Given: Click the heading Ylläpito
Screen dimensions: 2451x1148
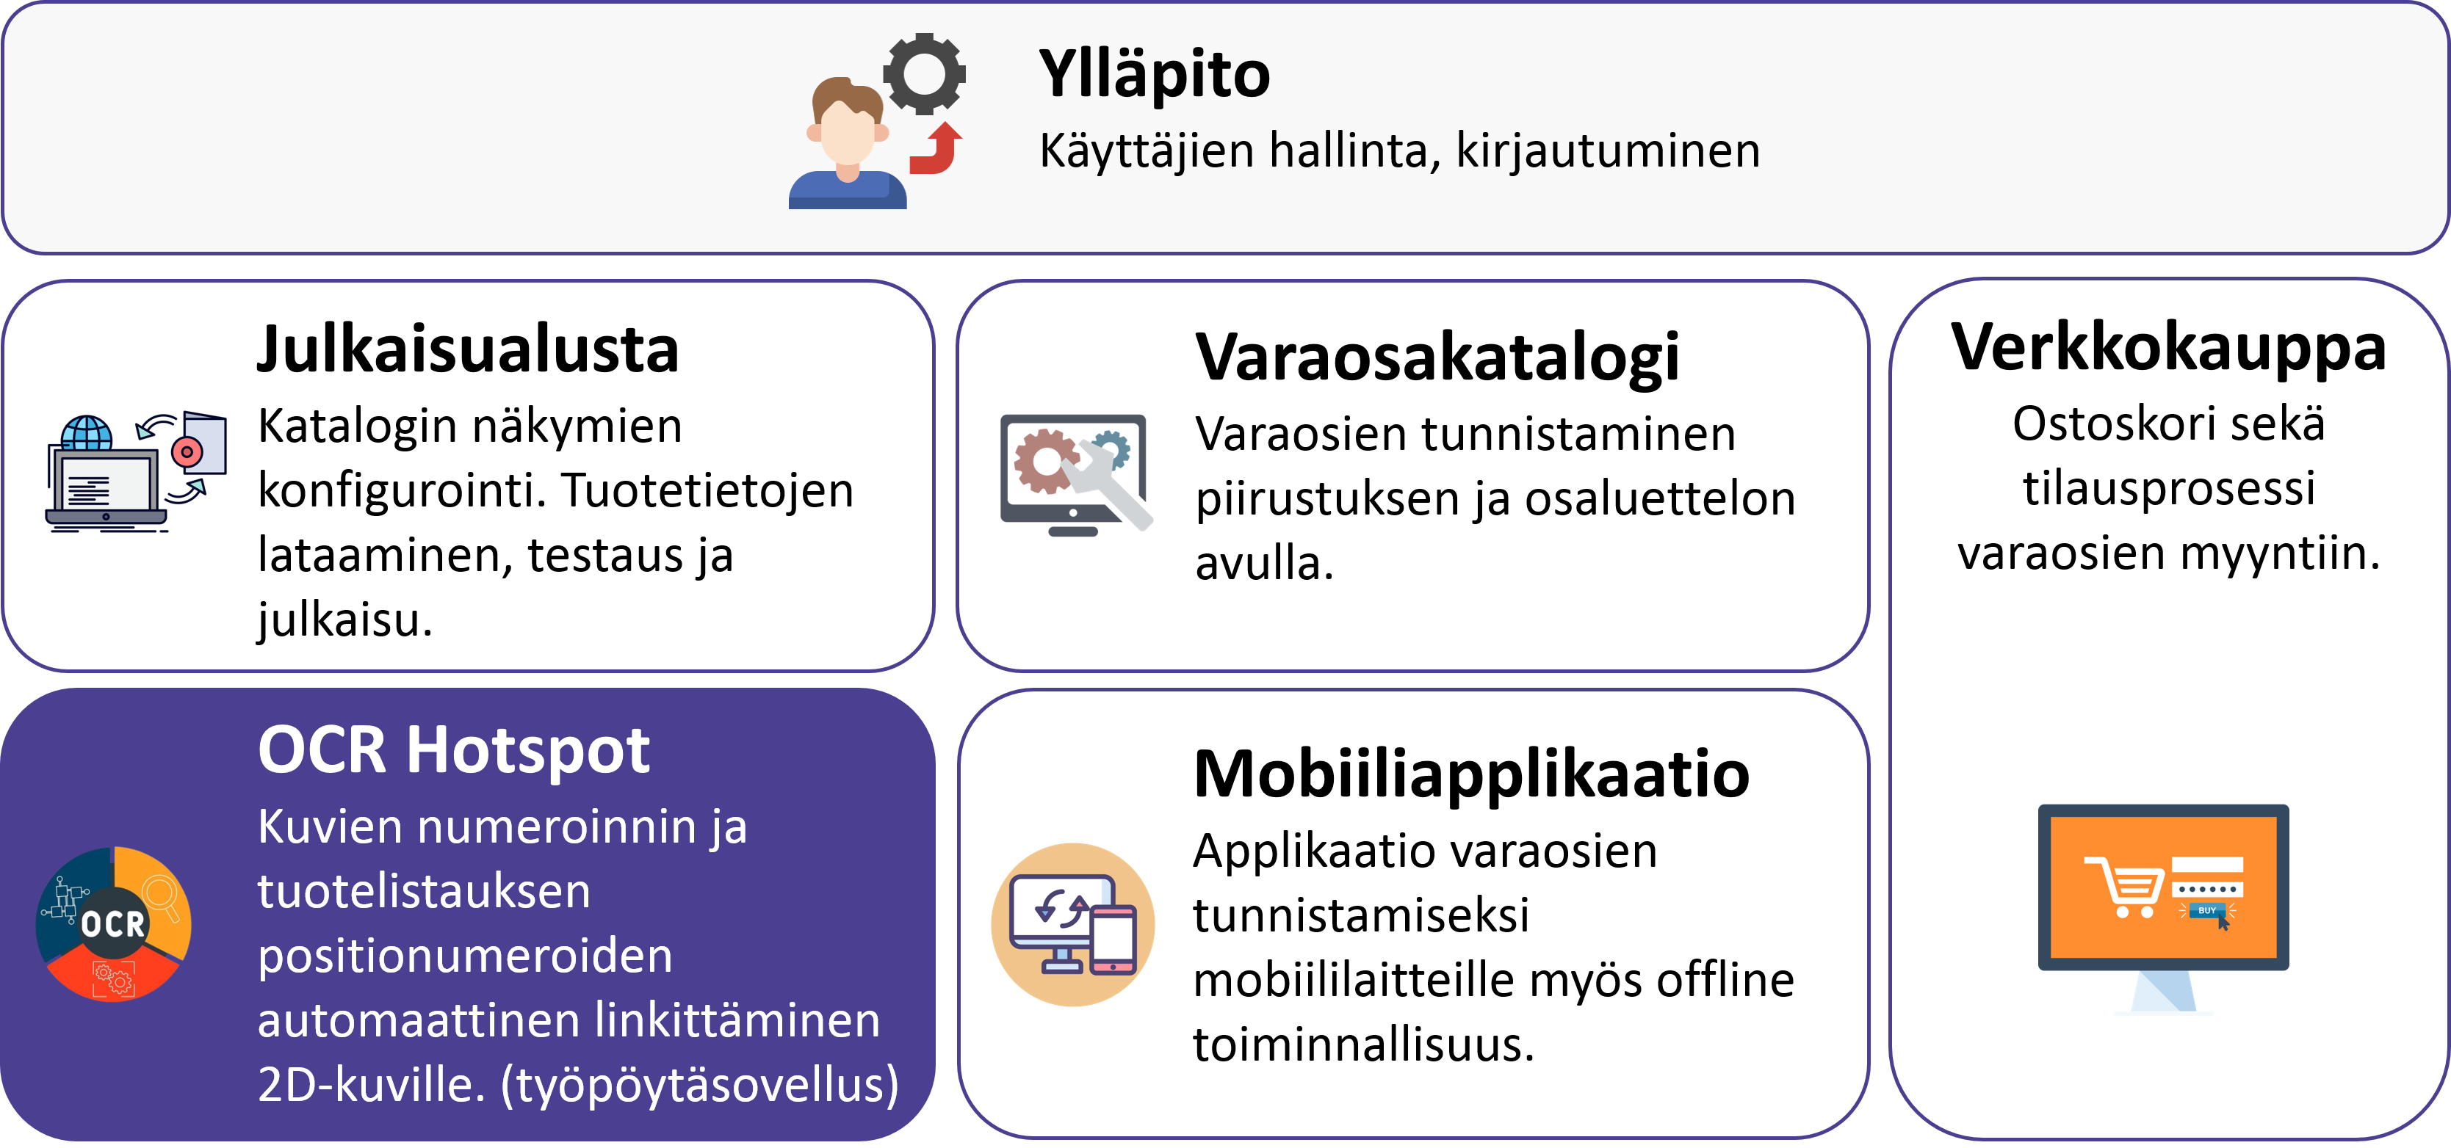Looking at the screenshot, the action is coord(1154,74).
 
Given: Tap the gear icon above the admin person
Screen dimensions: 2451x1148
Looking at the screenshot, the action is coord(924,73).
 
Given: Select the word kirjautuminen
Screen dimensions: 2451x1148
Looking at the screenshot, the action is coord(1607,151).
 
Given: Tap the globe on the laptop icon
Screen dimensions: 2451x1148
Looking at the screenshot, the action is coord(87,434).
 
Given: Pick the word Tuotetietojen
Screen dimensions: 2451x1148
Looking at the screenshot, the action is coord(707,491).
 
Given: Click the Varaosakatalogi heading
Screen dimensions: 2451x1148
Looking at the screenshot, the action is coord(1437,357).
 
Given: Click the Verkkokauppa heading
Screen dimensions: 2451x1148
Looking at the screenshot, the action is coord(2168,347).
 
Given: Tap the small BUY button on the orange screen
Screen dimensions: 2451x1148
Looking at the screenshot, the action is coord(2206,910).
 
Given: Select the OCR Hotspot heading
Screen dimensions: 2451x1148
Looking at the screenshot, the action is coord(454,749).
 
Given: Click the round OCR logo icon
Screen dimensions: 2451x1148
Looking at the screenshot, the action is coord(113,923).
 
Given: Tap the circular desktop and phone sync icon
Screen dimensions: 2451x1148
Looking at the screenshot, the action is coord(1073,924).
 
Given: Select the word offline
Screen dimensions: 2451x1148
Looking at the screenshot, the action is coord(1725,980).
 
